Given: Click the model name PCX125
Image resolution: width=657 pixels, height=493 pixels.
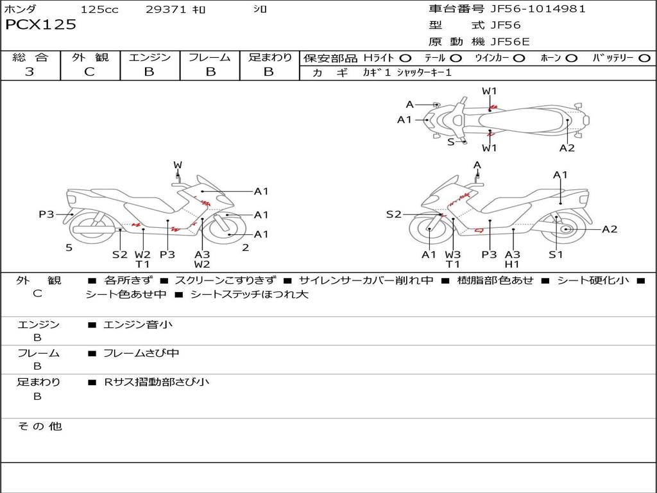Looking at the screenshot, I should tap(41, 25).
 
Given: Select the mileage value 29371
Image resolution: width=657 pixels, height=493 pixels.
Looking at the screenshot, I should tap(166, 10).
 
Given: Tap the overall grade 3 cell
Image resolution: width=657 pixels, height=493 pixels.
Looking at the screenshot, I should tap(30, 72).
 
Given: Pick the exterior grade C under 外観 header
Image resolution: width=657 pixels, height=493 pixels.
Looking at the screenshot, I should tap(90, 72).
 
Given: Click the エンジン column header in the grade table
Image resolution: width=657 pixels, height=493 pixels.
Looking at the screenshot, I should tap(149, 58).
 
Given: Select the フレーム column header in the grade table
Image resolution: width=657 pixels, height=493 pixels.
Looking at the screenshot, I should tap(209, 58).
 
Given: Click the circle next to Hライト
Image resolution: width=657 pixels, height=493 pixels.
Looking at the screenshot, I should tap(405, 58).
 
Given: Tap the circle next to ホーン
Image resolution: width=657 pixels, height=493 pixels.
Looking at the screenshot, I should tap(572, 58).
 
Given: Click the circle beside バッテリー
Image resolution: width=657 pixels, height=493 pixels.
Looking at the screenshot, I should tap(645, 58).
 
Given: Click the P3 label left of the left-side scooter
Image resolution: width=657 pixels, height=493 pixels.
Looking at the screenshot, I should tap(46, 214).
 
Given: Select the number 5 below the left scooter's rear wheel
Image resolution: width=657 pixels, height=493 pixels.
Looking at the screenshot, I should tap(69, 248).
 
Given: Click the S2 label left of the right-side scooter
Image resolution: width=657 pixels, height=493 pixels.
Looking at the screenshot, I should tap(393, 214).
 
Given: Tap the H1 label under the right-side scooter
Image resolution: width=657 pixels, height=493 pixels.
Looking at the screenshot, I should tap(512, 264).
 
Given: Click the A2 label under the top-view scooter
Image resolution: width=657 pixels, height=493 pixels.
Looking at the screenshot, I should tap(567, 148).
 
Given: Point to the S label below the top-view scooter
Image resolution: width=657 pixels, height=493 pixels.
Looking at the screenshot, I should tap(450, 142).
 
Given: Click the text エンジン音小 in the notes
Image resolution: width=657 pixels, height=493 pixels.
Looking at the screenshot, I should tap(138, 325).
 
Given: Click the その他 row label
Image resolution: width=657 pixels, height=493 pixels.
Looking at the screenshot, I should tap(39, 426).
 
